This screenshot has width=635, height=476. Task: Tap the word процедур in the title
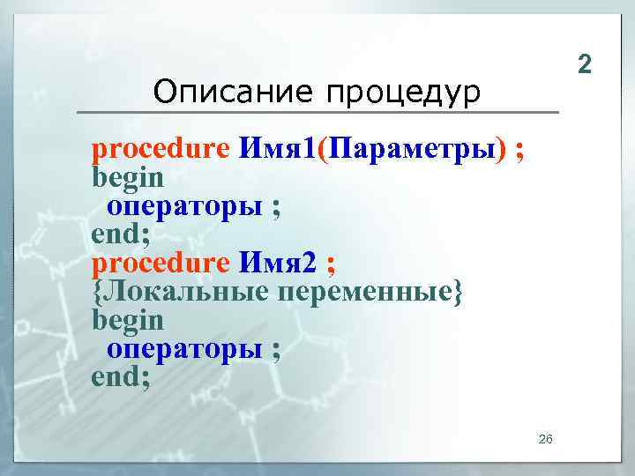click(x=401, y=92)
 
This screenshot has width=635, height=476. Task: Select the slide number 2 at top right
click(x=583, y=63)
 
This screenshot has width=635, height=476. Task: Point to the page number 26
click(x=545, y=439)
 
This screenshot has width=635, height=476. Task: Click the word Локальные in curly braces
click(x=185, y=291)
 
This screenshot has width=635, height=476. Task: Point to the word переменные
click(x=368, y=292)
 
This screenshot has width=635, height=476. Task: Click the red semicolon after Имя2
click(x=330, y=264)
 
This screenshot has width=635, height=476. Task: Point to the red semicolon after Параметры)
click(x=520, y=150)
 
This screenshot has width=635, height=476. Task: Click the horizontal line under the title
click(x=317, y=112)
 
